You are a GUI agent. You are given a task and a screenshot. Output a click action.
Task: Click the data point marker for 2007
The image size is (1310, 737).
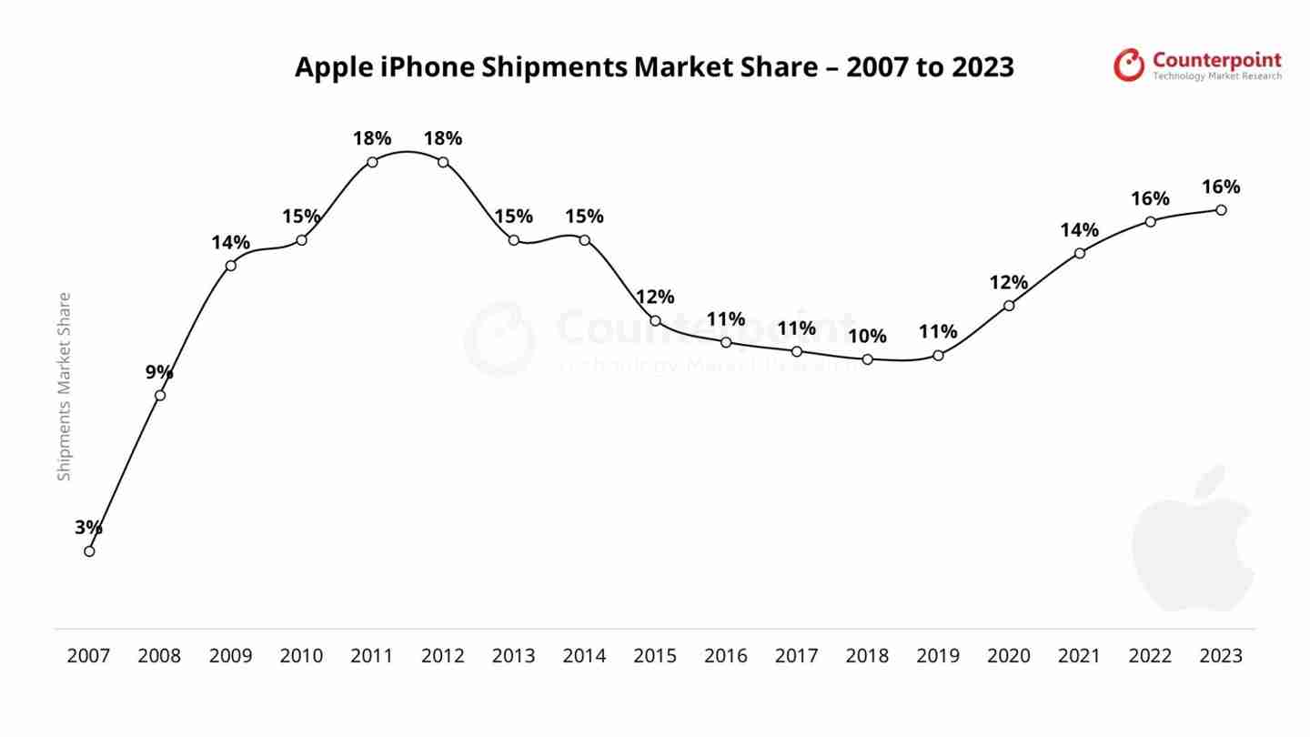tap(89, 550)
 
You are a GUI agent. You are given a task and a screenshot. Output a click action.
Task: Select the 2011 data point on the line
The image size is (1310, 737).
tap(372, 162)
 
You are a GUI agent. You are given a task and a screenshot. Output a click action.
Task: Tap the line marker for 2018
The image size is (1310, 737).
tap(867, 359)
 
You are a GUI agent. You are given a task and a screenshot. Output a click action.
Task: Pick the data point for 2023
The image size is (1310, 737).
tap(1221, 209)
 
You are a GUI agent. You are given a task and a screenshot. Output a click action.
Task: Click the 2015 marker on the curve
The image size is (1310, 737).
tap(655, 320)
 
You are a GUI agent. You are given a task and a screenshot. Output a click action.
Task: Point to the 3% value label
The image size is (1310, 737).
tap(88, 527)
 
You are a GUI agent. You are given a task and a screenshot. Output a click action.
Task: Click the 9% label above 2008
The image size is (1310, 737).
tap(159, 371)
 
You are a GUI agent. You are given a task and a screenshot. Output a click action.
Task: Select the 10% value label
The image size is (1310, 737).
tap(867, 336)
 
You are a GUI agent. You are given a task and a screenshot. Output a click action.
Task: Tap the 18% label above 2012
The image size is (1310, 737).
tap(443, 138)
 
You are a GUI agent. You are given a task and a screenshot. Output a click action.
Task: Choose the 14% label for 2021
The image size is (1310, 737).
tap(1079, 229)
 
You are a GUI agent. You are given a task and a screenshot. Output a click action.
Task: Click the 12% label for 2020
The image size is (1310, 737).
tap(1008, 282)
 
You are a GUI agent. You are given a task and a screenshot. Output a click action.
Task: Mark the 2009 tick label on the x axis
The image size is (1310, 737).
tap(230, 656)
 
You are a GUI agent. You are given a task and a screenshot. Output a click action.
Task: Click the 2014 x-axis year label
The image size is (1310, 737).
tap(584, 656)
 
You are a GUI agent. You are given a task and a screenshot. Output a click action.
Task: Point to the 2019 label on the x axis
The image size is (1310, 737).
tap(938, 656)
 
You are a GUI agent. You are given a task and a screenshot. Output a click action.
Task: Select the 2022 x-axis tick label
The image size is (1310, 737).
tap(1150, 656)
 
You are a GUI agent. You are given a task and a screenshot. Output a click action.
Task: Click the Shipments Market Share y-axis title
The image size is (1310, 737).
tap(64, 387)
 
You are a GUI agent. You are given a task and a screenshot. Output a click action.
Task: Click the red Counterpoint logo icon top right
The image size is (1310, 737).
tap(1129, 65)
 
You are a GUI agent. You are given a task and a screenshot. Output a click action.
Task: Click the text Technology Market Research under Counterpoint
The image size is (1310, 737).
tap(1217, 76)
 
